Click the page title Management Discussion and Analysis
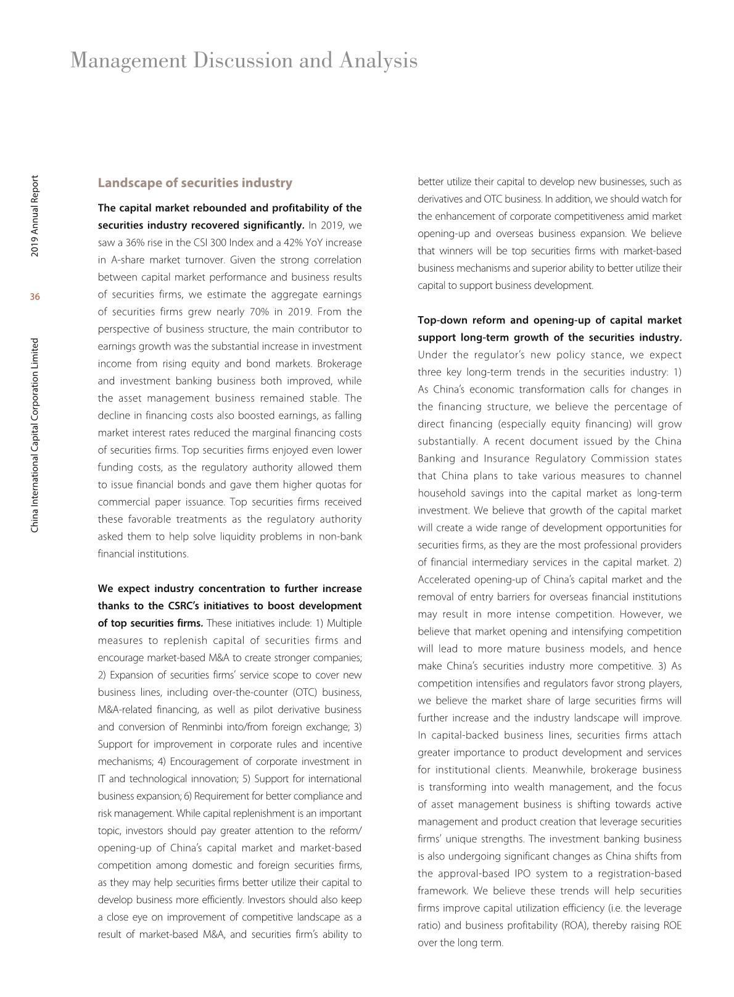coord(244,60)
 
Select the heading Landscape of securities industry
coord(195,183)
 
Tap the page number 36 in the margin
coord(35,297)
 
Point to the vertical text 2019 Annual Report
coord(35,216)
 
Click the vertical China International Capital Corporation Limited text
coord(35,435)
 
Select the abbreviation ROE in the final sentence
coord(671,925)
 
